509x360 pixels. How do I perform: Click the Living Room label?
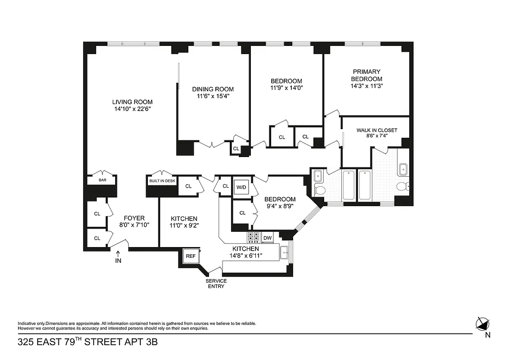(132, 102)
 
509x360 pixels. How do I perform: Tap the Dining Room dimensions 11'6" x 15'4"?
(213, 96)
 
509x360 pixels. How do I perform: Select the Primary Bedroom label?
(366, 75)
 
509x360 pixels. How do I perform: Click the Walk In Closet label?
(377, 130)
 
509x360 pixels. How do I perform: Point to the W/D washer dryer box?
(241, 187)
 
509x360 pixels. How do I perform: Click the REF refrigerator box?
(191, 256)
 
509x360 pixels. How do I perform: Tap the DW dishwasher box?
(268, 238)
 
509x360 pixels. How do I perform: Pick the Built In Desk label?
(162, 180)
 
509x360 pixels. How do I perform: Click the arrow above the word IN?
(118, 254)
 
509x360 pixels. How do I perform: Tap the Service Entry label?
(216, 283)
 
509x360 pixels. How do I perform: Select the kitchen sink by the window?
(284, 253)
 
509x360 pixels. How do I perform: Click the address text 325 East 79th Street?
(88, 342)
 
